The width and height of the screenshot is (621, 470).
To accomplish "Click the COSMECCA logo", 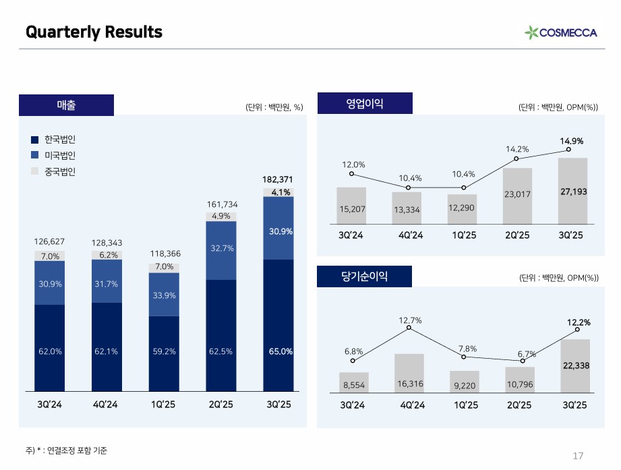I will point(560,32).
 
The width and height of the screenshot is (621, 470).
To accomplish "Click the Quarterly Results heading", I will point(94,32).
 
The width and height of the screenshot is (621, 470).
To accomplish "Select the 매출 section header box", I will point(66,105).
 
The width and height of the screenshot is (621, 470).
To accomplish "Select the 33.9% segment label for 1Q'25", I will point(164,295).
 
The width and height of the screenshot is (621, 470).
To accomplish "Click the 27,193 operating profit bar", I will point(573,191).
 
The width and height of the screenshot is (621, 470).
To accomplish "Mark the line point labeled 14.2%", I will point(516,159).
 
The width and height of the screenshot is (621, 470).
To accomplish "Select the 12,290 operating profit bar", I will point(463,208).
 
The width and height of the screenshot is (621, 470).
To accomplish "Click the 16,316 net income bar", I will point(409,372).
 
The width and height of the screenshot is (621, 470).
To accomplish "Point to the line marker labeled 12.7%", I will point(409,328).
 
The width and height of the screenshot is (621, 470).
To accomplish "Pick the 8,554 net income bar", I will point(354,382).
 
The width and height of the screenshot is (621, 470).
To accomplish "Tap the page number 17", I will point(577,454).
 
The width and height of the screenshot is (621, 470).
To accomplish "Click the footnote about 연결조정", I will point(66,450).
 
